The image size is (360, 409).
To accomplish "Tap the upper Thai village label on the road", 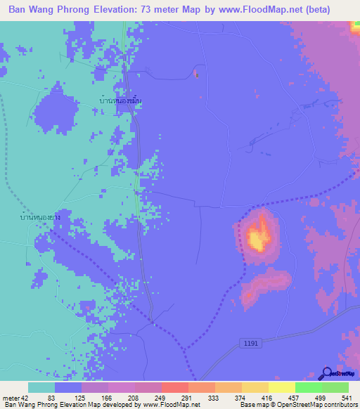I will [121, 102].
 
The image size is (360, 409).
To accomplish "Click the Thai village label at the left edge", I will [40, 219].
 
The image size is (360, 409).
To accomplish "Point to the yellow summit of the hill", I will [258, 239].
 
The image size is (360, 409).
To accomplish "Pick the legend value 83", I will [51, 398].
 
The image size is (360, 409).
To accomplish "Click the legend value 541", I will [345, 398].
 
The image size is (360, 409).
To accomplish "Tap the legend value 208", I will [131, 398].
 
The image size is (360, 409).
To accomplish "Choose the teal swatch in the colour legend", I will [41, 387].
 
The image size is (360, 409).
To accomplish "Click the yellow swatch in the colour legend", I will [255, 387].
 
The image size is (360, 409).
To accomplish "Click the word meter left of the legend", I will [10, 398].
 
